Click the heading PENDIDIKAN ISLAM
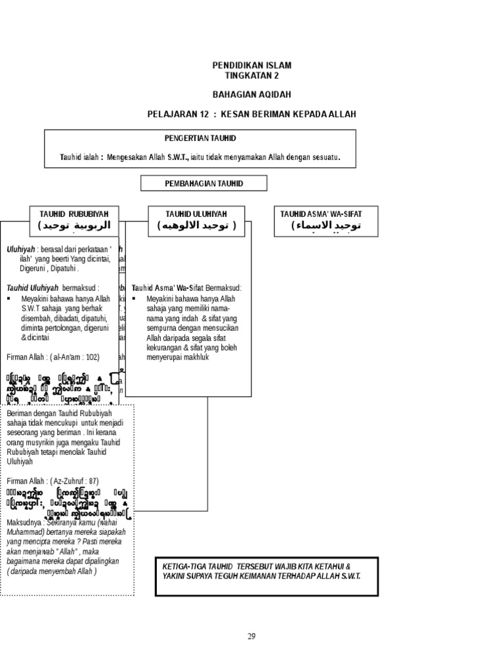[x=251, y=66]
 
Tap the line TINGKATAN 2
[x=251, y=75]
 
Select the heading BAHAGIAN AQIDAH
[x=251, y=94]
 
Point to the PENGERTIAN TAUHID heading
[x=200, y=138]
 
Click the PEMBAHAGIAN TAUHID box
[x=203, y=183]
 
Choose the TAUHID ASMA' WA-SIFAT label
[x=321, y=214]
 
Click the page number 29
[x=251, y=636]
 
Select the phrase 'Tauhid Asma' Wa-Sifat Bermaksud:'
[x=186, y=288]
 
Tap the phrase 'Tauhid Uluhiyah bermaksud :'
[x=52, y=288]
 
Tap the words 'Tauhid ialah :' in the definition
[x=81, y=158]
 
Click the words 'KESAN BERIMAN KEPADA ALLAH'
[x=289, y=114]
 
